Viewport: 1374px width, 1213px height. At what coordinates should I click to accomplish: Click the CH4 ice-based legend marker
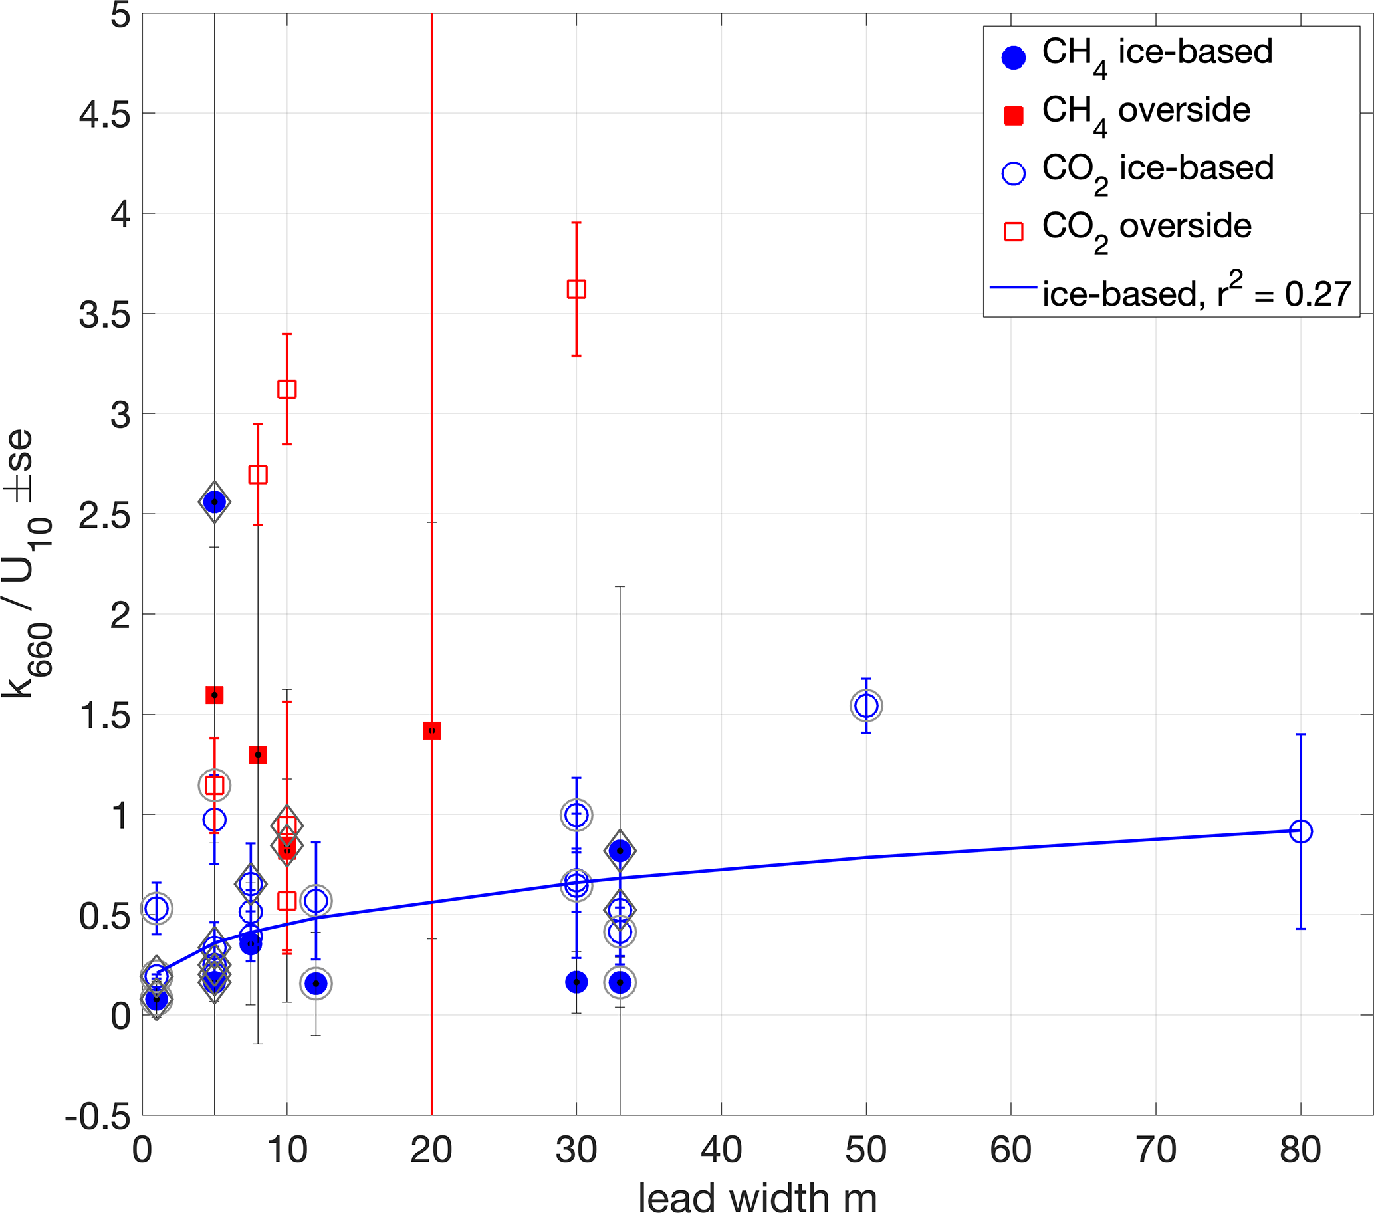[1013, 57]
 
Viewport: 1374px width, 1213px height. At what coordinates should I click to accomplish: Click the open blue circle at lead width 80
[1301, 831]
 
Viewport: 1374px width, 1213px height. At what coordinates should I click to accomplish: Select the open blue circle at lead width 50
[867, 706]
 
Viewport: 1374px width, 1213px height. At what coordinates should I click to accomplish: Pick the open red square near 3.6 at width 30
[576, 289]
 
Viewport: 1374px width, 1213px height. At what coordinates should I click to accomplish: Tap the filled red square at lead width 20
[431, 730]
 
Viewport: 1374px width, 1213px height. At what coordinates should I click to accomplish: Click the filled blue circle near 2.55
[215, 502]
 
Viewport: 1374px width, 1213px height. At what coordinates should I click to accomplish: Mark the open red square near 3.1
[287, 389]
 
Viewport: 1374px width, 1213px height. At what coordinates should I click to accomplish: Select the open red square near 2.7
[258, 475]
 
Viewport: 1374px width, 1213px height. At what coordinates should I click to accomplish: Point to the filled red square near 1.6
[215, 695]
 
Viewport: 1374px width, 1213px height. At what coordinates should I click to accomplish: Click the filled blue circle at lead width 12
[316, 984]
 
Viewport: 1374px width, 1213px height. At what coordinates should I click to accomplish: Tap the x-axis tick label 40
[721, 1150]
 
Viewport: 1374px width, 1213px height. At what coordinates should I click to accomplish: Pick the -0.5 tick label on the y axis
[98, 1116]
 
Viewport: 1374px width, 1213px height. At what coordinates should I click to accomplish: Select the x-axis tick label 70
[1155, 1150]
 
